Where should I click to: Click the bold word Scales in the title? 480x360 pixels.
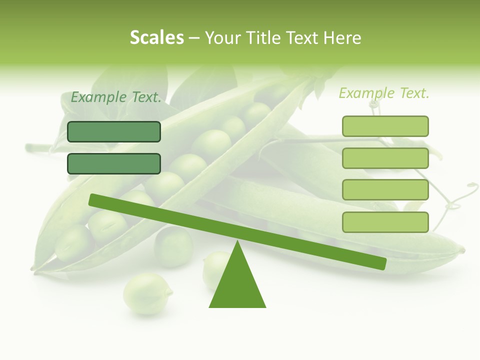pyautogui.click(x=156, y=37)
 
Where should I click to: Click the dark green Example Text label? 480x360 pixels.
pyautogui.click(x=116, y=97)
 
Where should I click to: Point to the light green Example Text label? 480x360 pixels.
pyautogui.click(x=384, y=93)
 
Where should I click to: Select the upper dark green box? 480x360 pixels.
pyautogui.click(x=114, y=131)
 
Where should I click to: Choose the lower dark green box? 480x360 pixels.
pyautogui.click(x=114, y=163)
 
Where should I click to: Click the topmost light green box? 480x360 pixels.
pyautogui.click(x=385, y=126)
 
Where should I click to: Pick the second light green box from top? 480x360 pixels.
pyautogui.click(x=385, y=158)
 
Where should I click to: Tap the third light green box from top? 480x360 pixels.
pyautogui.click(x=385, y=189)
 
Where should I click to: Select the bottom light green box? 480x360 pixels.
pyautogui.click(x=385, y=222)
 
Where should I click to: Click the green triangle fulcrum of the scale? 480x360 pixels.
pyautogui.click(x=237, y=285)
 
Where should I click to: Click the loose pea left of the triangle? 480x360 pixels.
pyautogui.click(x=147, y=293)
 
